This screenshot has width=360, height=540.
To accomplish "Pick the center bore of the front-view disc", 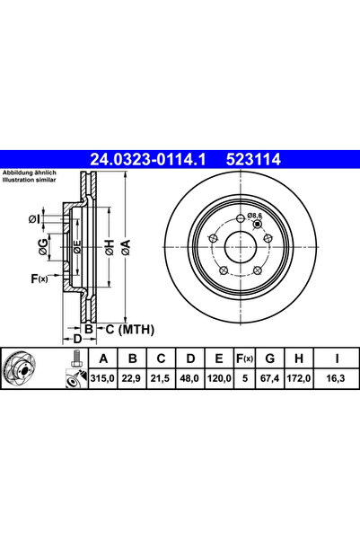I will (x=241, y=244).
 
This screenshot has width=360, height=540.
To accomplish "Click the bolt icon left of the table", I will (x=72, y=369).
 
